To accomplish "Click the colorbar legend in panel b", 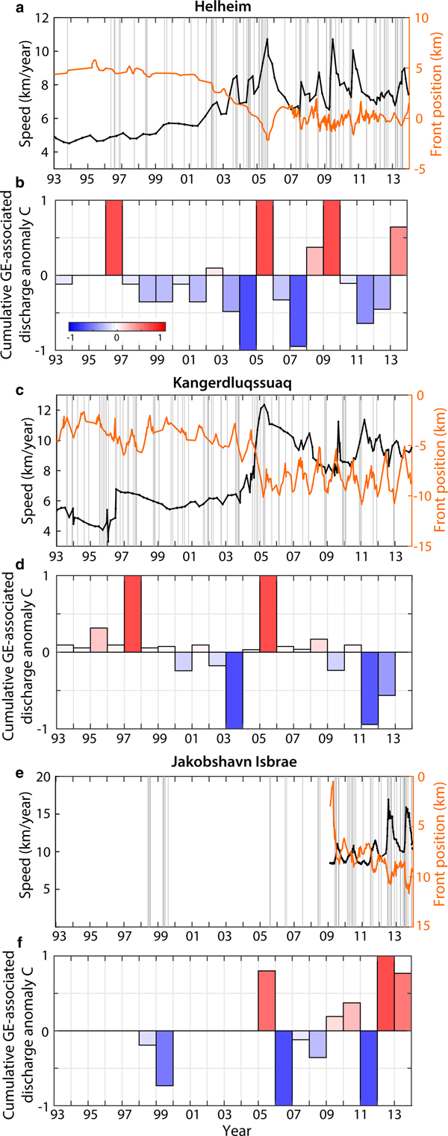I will pos(116,326).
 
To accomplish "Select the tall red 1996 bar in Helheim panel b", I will pos(113,238).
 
